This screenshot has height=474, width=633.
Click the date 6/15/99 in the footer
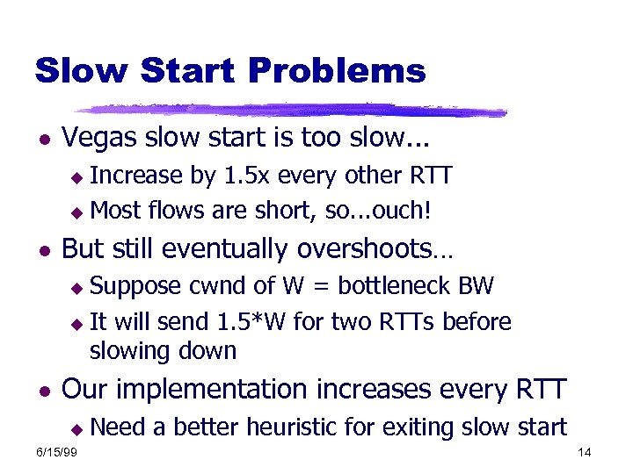coord(55,452)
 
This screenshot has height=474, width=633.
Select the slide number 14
coord(585,452)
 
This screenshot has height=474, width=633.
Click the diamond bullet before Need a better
coord(77,428)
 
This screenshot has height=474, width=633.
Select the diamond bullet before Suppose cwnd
coord(77,288)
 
